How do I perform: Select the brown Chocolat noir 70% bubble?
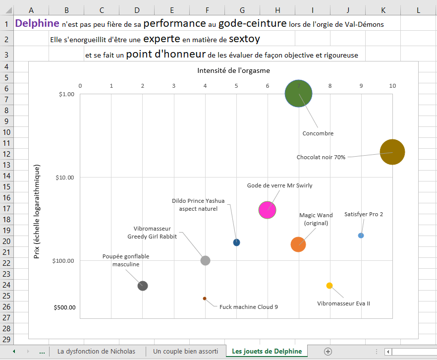click(392, 152)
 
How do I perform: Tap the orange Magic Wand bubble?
click(298, 244)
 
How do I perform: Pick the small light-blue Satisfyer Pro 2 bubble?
click(361, 236)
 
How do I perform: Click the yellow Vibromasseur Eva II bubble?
click(329, 285)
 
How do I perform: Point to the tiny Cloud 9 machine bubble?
click(204, 299)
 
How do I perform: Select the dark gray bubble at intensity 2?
click(143, 286)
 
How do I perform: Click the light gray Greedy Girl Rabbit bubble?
click(205, 260)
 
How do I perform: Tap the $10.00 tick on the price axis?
click(63, 178)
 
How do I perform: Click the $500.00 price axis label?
click(64, 307)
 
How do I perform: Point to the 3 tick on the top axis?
click(174, 86)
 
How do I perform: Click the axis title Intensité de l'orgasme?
click(233, 70)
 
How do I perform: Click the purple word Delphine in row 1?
click(37, 23)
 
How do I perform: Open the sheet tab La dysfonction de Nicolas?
click(96, 351)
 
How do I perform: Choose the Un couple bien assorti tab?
click(185, 351)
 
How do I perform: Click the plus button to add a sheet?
click(328, 351)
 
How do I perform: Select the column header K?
click(383, 10)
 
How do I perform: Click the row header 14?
click(7, 176)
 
